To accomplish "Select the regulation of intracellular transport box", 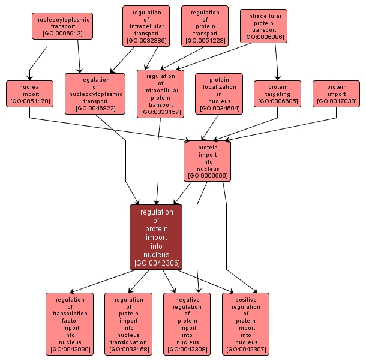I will pos(146,26).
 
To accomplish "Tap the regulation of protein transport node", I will pos(205,26).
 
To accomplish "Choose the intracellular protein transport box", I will pos(264,26).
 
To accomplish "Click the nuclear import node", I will pos(29,94).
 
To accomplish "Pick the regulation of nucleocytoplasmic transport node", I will pos(95,94).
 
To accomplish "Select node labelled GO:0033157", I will pos(160,94).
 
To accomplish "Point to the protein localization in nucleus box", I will pos(219,94).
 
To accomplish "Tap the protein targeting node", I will pos(277,94).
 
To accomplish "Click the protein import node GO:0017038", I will pos(336,94).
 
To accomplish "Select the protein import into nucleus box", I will pos(208,161).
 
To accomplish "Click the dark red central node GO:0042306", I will pos(156,237).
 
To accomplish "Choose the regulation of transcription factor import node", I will pos(70,324).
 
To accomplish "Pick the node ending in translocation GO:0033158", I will pos(128,324).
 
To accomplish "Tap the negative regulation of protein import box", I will pos(187,324).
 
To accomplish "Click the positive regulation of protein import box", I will pos(246,324).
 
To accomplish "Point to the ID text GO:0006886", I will pos(264,37).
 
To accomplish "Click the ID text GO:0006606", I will pos(208,176).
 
